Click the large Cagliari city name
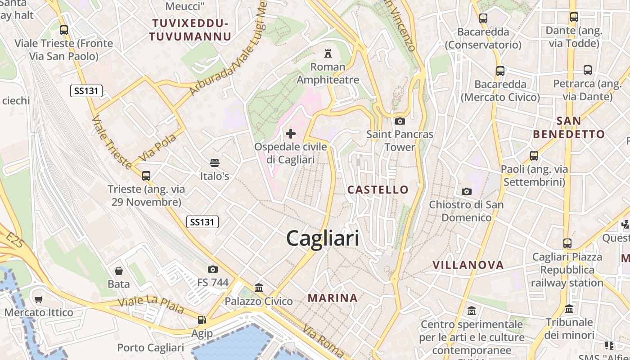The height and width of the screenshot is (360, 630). coord(323,238)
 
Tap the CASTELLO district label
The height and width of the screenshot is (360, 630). coord(378,189)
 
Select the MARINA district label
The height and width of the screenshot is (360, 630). coord(333,298)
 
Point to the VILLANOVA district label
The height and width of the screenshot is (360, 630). coord(468,265)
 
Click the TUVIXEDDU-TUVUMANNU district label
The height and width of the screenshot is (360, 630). coord(190,30)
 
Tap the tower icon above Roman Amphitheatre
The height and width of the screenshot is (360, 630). coord(328,54)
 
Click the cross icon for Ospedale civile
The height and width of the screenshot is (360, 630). coord(291,134)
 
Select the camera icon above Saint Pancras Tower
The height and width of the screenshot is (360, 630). coord(400,121)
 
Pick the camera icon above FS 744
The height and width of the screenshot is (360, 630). coord(213,269)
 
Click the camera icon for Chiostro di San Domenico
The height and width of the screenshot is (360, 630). coord(467,191)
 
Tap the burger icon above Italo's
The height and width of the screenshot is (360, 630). coord(215,163)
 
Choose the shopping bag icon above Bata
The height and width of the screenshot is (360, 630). coord(119,270)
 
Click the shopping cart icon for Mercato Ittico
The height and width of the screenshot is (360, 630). coord(39,299)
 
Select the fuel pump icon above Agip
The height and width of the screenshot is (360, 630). coord(202,320)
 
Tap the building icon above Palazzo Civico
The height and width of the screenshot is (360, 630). coord(259,288)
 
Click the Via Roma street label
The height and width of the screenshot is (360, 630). coord(324,340)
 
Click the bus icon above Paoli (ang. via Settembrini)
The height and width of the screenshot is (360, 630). coord(534,156)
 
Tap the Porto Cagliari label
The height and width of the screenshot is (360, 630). coord(150,348)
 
